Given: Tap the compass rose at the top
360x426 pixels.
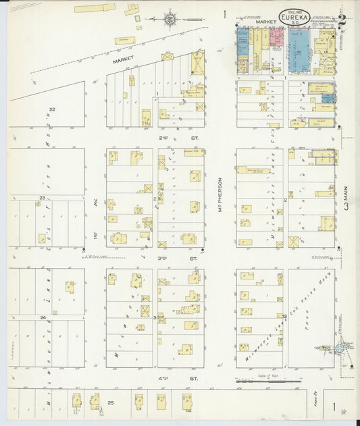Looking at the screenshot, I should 170,18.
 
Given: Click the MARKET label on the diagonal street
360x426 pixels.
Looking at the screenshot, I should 121,61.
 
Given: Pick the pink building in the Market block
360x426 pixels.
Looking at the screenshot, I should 276,38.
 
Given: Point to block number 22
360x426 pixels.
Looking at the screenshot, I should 51,108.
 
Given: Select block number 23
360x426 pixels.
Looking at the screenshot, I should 42,197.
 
